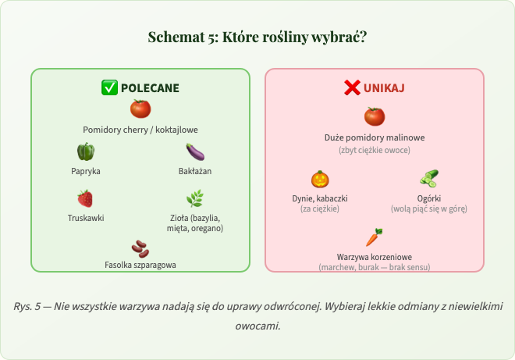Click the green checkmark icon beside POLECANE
[x=110, y=87]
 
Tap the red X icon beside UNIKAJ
[x=352, y=87]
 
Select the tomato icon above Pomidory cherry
[x=140, y=109]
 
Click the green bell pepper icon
[x=86, y=151]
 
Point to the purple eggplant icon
[x=195, y=151]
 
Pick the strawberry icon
[x=86, y=198]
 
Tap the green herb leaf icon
[x=195, y=198]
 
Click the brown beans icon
[x=140, y=248]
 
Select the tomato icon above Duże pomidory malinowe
[x=375, y=117]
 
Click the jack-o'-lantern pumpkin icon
[x=320, y=179]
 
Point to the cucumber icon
[x=429, y=179]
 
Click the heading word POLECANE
[x=150, y=87]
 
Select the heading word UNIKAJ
[x=384, y=87]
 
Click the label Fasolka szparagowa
[x=140, y=265]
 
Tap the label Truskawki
[x=86, y=218]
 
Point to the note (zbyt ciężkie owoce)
[x=375, y=149]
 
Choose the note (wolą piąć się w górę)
[x=429, y=209]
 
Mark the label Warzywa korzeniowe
[x=375, y=257]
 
